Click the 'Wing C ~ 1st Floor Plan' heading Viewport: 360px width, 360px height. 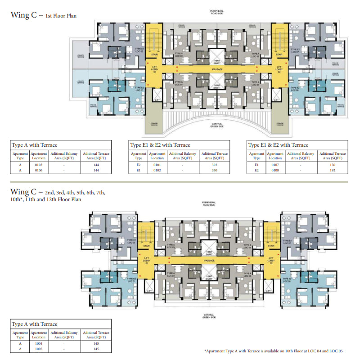click(x=44, y=15)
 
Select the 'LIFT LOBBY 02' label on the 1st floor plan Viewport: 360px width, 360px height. click(x=279, y=70)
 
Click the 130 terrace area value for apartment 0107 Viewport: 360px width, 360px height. click(x=333, y=165)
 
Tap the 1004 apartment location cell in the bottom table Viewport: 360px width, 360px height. click(x=39, y=343)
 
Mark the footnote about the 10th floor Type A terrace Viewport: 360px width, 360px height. click(x=276, y=350)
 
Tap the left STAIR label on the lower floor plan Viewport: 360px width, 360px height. click(x=146, y=246)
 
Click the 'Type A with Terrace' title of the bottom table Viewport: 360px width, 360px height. click(x=35, y=324)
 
